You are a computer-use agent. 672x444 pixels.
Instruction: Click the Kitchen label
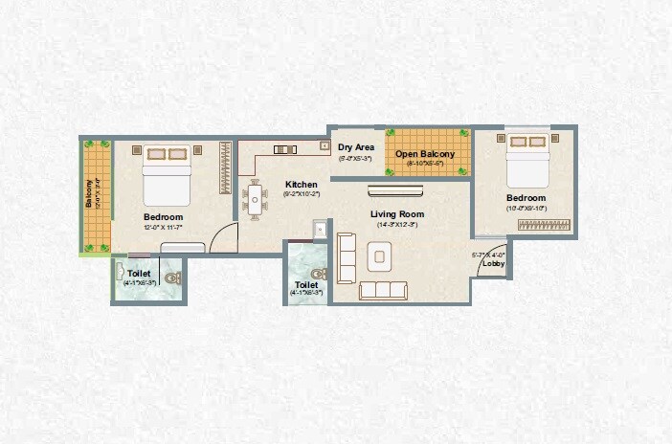click(301, 185)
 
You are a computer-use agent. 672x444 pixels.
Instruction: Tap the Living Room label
click(397, 213)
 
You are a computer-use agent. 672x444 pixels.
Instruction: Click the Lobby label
click(493, 263)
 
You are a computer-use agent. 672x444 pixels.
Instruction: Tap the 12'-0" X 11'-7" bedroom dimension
click(162, 228)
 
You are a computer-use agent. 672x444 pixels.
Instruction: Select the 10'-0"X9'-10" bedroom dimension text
click(526, 208)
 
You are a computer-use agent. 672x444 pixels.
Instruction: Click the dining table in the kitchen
click(255, 199)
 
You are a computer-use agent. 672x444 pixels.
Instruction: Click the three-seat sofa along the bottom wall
click(382, 290)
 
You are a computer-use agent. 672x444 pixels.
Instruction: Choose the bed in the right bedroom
click(526, 160)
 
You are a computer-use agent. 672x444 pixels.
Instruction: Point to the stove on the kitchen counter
click(284, 149)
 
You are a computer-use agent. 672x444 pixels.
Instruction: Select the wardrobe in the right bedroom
click(543, 224)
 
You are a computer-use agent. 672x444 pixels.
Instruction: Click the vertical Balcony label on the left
click(90, 194)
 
